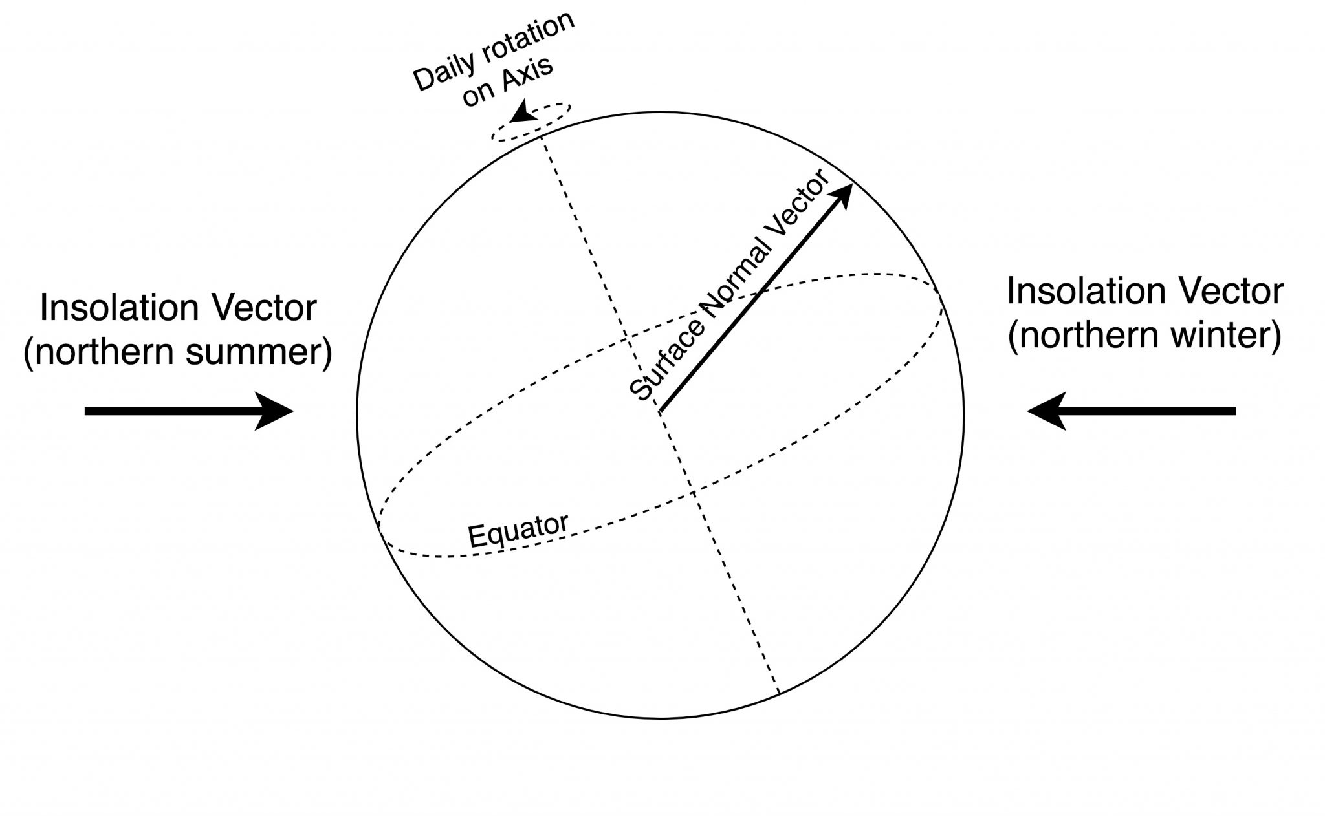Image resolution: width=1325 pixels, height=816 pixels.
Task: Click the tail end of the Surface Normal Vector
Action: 660,411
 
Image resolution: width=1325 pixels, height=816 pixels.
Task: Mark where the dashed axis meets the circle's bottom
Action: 779,694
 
